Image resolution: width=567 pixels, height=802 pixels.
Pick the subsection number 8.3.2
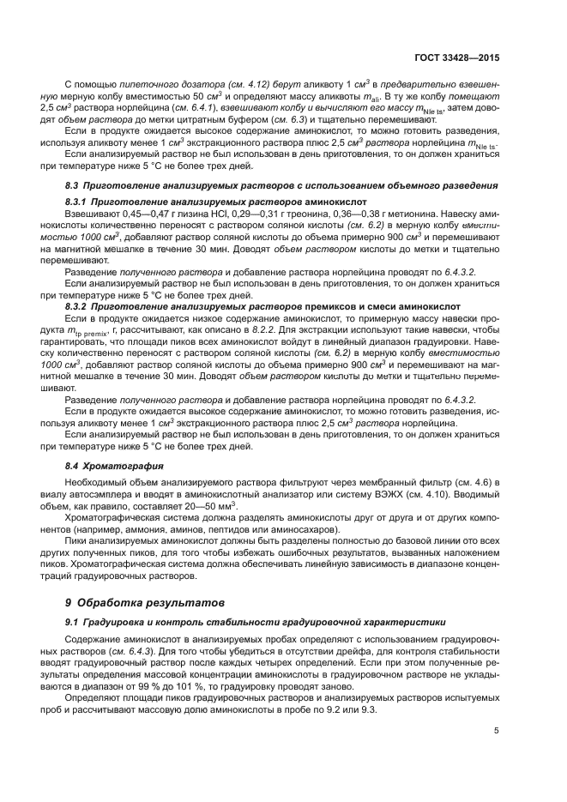81,305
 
